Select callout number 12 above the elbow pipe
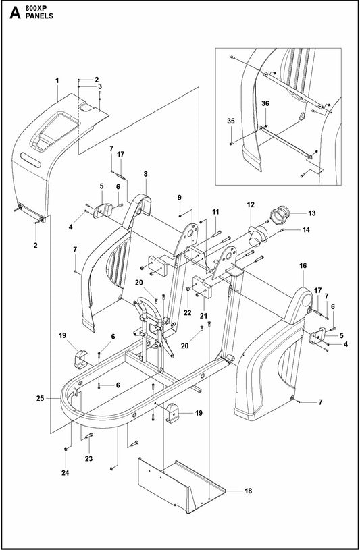(250, 204)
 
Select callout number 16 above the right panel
(303, 267)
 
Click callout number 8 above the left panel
(145, 174)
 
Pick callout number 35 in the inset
(230, 121)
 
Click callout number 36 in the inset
(265, 103)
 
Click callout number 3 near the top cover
(99, 86)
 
